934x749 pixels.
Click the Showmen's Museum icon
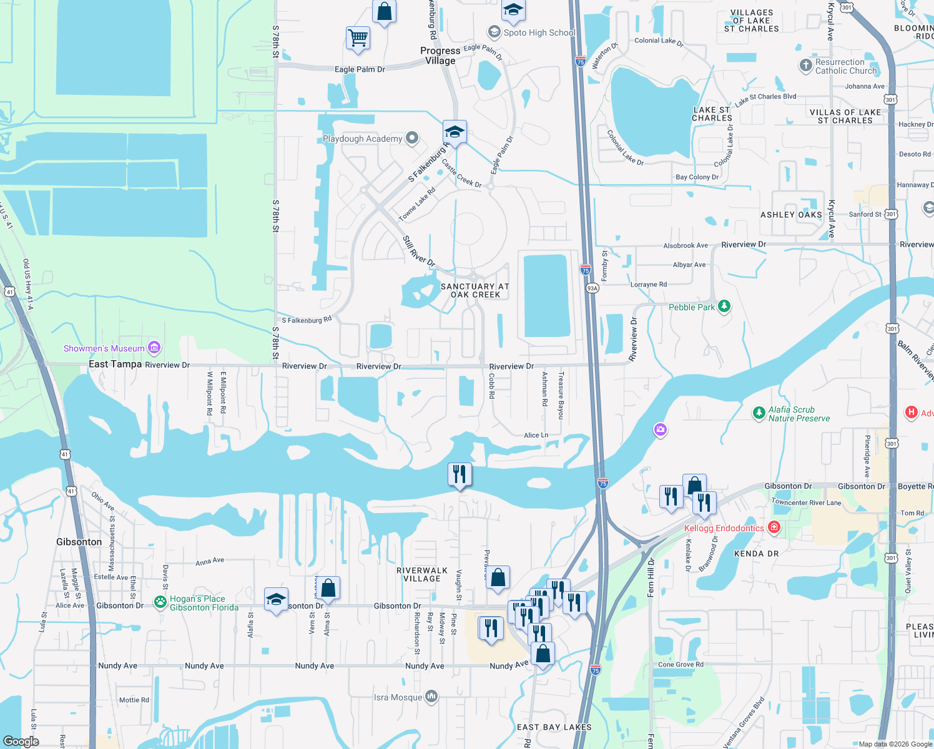tap(155, 348)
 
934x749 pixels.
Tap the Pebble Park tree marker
tap(724, 306)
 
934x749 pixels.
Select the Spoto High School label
tap(539, 32)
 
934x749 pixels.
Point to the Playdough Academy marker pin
tap(412, 138)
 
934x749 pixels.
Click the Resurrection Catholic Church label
tap(846, 66)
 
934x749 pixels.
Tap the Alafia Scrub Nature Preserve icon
tap(759, 413)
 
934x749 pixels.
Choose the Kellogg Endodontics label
tap(724, 528)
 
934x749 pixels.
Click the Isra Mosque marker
tap(431, 697)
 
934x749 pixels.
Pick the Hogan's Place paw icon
tap(161, 602)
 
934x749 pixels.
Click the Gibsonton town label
tap(79, 542)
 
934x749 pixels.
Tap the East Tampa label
tap(115, 364)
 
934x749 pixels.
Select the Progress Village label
tap(440, 56)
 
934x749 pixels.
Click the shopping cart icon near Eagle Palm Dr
tap(358, 37)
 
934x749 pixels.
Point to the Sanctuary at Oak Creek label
tap(475, 290)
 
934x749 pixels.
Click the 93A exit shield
tap(592, 288)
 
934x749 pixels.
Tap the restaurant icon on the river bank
tap(460, 474)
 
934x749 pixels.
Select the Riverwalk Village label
tap(422, 574)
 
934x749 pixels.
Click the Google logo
tap(21, 742)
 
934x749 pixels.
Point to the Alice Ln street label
tap(536, 435)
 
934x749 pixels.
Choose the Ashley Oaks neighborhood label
tap(791, 215)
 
